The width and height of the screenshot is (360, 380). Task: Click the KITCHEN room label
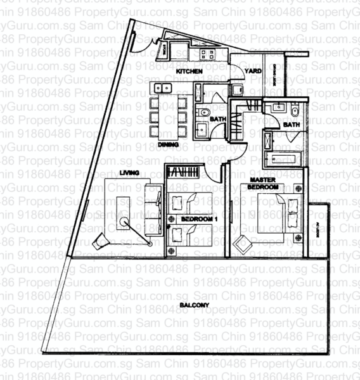(x=190, y=72)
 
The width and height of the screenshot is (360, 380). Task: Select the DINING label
(x=169, y=144)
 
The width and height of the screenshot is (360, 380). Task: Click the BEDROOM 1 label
(x=194, y=218)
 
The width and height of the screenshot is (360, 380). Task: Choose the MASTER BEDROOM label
(x=262, y=184)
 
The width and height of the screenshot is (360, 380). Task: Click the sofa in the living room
(x=152, y=206)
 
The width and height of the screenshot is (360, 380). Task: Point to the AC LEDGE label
(x=315, y=231)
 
